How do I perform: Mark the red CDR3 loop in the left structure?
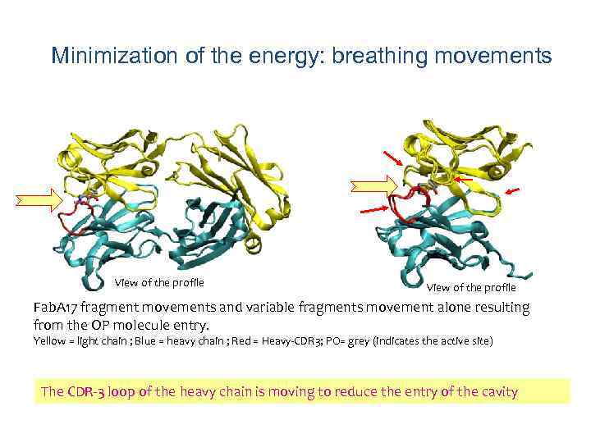74,220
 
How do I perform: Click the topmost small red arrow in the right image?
392,158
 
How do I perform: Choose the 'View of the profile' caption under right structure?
471,287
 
